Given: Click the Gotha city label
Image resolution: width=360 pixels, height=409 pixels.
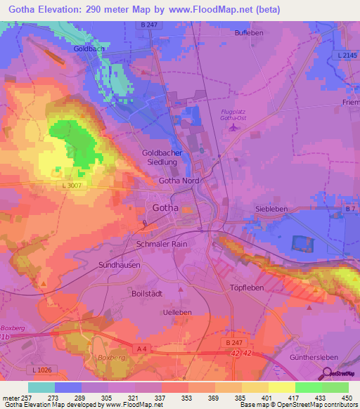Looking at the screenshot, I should (166, 207).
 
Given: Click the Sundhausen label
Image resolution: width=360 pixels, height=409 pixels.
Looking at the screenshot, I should (119, 266).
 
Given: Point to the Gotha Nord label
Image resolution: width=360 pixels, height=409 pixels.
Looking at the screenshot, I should (179, 181).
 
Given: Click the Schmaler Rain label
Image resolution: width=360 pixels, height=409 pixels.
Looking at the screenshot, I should (161, 244).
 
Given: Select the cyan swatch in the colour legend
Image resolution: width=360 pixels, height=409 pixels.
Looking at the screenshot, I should (41, 387).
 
